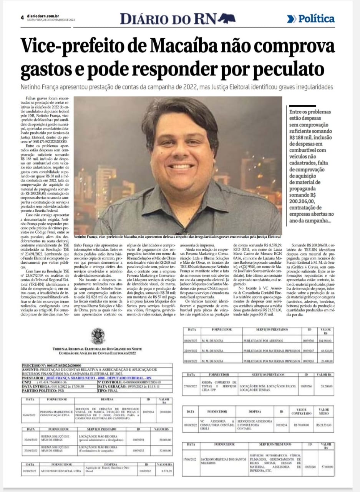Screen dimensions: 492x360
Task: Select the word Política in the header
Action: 317,18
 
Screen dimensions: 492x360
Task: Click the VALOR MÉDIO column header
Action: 324,411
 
